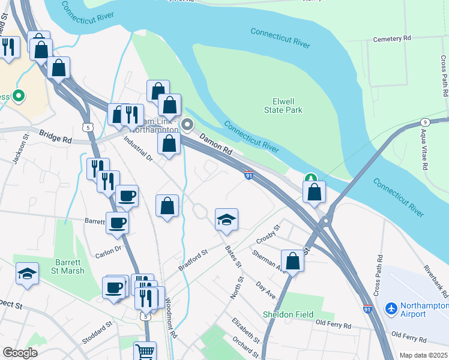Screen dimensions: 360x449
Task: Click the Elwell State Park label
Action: coord(283,106)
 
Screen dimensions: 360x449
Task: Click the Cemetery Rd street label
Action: coord(391,39)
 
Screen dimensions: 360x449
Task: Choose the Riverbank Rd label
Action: coord(435,274)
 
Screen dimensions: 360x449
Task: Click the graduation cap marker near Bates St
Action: coord(226,220)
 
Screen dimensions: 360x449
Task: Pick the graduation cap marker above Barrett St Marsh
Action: coord(27,274)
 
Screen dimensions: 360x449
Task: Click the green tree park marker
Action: coord(310,178)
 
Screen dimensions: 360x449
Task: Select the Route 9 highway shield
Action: coord(424,122)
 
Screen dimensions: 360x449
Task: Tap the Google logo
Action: coord(20,353)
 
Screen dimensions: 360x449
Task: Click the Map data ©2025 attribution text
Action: coord(423,355)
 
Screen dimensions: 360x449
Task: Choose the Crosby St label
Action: coord(268,235)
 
